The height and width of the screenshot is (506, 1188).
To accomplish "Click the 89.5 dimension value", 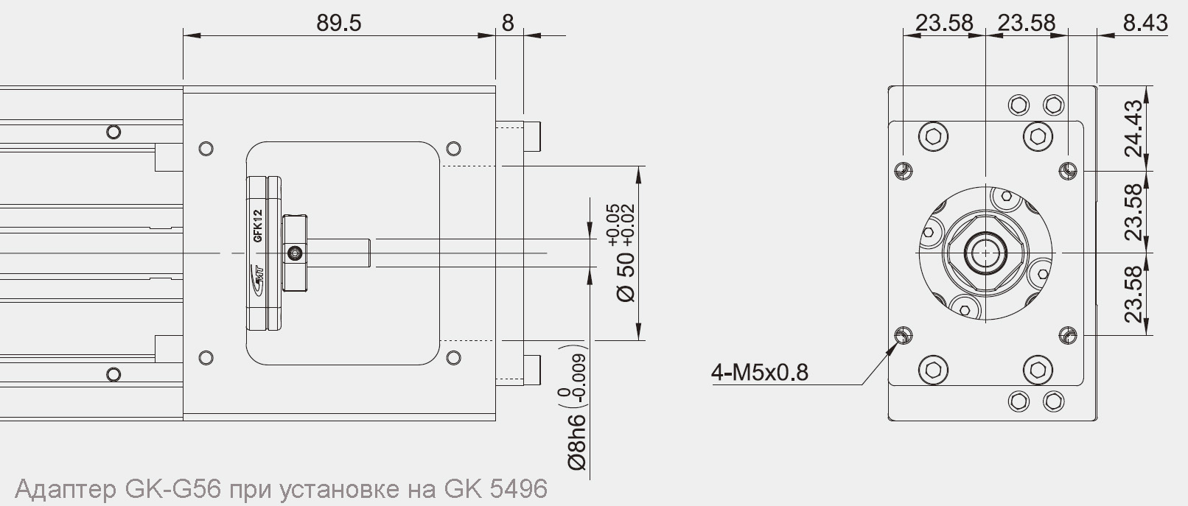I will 339,23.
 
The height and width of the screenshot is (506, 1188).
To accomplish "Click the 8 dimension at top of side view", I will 508,23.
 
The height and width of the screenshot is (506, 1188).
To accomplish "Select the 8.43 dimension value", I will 1145,23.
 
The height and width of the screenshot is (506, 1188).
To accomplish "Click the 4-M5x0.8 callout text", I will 759,372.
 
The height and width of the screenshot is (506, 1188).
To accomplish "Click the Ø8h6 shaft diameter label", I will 576,441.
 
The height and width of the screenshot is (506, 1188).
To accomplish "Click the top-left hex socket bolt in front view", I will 933,136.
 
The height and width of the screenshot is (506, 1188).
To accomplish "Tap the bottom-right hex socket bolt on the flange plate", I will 1038,369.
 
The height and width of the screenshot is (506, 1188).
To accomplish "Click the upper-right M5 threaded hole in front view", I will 1068,171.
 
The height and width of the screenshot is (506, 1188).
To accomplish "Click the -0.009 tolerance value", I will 579,376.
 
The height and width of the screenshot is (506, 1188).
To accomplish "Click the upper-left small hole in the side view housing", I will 206,149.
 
